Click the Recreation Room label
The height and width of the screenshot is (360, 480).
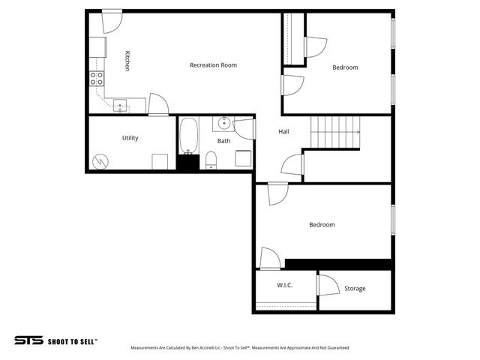[x=213, y=65]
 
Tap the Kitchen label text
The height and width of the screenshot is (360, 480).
[x=127, y=61]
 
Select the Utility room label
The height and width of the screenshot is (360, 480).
[x=130, y=138]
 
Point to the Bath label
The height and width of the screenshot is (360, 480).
[x=224, y=141]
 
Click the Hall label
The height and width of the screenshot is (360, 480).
[x=283, y=132]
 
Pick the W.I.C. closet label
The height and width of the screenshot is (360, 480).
[x=284, y=286]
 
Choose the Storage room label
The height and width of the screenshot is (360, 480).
[x=355, y=289]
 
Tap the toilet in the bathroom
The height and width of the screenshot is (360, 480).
[x=211, y=159]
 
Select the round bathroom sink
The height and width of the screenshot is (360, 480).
[x=223, y=122]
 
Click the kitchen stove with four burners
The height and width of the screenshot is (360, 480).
[x=97, y=77]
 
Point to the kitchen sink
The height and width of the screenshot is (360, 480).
[x=120, y=106]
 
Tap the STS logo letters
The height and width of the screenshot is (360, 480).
[x=28, y=340]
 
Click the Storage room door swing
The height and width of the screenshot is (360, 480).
[x=328, y=286]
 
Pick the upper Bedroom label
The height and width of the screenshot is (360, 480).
[x=345, y=67]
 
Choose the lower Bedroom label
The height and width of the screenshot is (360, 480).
[x=322, y=225]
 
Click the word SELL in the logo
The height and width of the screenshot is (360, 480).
[x=85, y=341]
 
